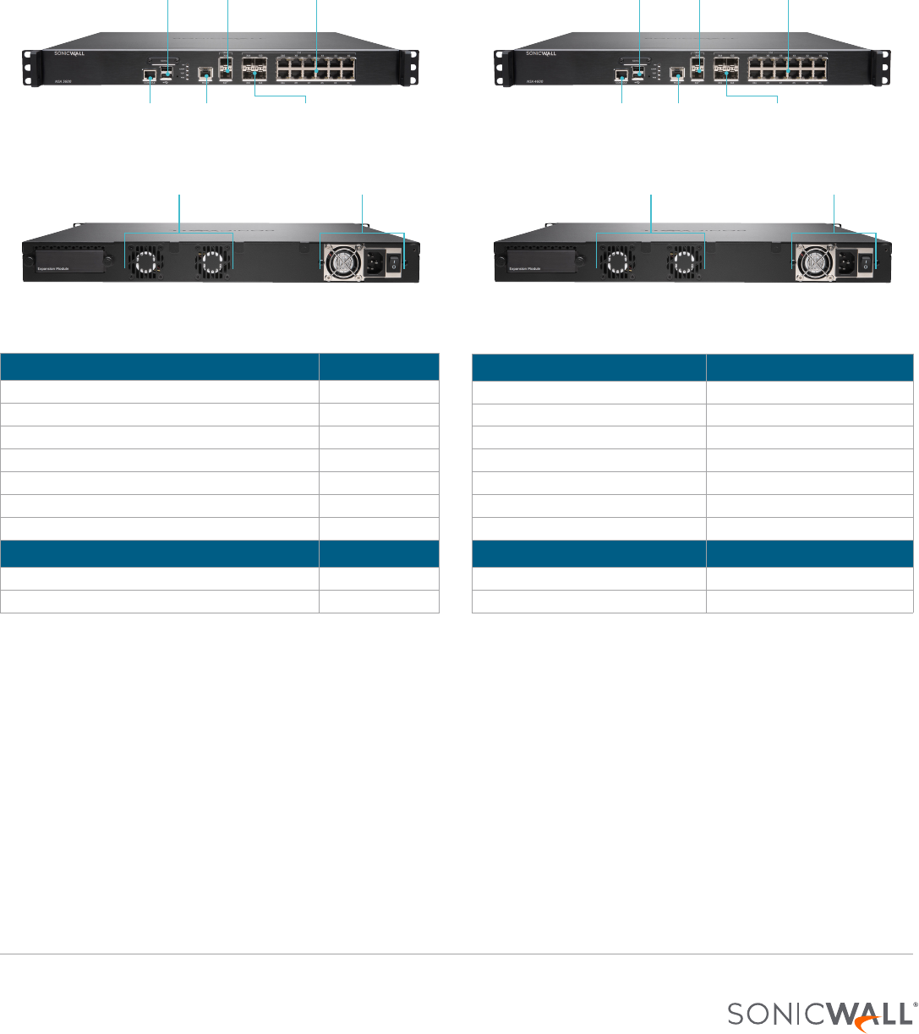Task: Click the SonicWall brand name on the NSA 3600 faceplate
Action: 69,53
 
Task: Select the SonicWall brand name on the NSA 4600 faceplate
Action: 541,53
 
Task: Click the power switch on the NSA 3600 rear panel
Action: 393,263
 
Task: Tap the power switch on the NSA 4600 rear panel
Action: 864,263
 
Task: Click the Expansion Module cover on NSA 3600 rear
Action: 68,261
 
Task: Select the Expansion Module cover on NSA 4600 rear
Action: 539,261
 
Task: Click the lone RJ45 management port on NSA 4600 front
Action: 676,74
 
